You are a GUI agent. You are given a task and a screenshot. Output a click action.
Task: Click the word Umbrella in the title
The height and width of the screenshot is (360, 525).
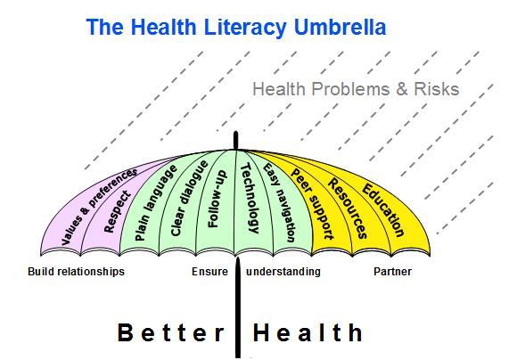(x=340, y=27)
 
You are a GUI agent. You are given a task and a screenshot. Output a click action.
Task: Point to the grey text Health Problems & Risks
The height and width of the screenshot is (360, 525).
(x=356, y=89)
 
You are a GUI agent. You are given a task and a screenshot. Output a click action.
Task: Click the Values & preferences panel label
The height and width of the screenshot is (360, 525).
(x=99, y=207)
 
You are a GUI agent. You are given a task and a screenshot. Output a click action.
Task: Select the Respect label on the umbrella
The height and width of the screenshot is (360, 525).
(x=117, y=211)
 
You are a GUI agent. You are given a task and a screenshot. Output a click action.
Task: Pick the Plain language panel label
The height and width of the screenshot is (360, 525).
(x=155, y=203)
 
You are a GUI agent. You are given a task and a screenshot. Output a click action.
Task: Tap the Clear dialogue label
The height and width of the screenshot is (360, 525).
(x=189, y=199)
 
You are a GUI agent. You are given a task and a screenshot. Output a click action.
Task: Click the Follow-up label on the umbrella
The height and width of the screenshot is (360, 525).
(x=217, y=200)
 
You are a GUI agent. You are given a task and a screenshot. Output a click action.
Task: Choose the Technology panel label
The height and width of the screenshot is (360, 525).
(x=250, y=198)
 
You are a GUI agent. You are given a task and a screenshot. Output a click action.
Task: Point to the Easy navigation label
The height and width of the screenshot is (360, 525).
(x=279, y=203)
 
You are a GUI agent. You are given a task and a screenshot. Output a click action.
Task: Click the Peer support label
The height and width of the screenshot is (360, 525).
(x=312, y=204)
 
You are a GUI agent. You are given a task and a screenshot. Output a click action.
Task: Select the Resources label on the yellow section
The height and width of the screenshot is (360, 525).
(x=348, y=209)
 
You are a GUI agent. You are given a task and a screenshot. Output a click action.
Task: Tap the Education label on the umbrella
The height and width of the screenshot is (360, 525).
(x=383, y=210)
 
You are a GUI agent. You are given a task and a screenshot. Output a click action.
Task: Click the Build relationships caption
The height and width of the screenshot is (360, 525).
(x=76, y=272)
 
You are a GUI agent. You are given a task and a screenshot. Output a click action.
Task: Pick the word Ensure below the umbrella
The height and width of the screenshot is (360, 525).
(x=209, y=272)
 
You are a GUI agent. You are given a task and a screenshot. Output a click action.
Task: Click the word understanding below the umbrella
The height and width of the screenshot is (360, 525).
(x=283, y=272)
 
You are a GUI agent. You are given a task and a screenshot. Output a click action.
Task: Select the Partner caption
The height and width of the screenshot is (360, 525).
(x=392, y=272)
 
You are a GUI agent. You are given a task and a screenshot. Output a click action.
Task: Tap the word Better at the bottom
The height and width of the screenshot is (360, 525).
(x=171, y=333)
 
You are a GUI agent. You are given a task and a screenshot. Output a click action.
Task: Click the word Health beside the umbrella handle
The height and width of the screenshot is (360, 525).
(x=308, y=333)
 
